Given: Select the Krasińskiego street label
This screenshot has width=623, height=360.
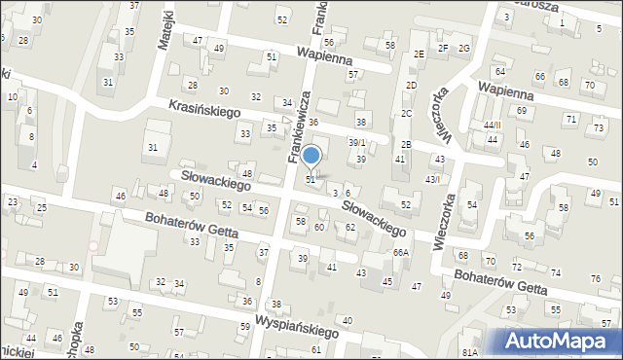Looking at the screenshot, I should pos(203,112).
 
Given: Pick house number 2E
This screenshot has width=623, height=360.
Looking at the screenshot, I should pos(418,54).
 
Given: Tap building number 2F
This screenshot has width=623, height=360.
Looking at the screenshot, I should pos(443,48).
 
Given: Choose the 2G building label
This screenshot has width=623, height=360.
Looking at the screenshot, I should pos(464,48).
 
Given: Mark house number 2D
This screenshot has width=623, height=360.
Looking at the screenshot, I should pos(411,86).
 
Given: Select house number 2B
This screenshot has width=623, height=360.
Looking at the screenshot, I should pos(406,144).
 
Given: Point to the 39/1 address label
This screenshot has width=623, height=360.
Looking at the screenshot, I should pos(357,142).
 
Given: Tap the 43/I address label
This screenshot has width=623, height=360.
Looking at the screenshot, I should pos(431,179).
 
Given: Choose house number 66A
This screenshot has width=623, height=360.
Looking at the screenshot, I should pos(400,252).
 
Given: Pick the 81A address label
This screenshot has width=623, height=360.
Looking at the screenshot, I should pos(470,352).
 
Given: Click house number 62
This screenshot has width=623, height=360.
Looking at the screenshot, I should pos(350,227).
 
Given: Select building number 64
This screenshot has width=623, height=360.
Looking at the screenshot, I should pos(499,72).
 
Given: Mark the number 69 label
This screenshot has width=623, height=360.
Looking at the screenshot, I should pos(522,111).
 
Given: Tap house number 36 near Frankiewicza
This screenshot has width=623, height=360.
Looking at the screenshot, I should pos(313,121).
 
